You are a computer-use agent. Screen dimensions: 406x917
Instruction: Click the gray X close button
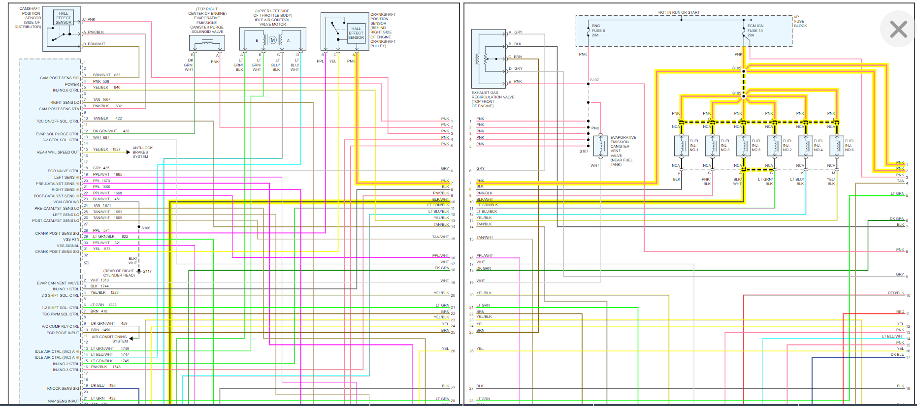pos(898,29)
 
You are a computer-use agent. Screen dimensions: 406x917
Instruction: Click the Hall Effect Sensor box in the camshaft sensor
pos(64,18)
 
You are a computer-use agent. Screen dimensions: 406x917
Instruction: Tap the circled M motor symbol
pos(272,40)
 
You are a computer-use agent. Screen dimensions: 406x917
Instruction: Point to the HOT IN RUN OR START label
pos(679,12)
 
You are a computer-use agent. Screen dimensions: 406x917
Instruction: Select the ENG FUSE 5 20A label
pos(598,31)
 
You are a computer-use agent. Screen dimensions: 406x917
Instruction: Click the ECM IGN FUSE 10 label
pos(755,31)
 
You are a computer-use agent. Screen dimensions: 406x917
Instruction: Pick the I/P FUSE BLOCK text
pos(800,21)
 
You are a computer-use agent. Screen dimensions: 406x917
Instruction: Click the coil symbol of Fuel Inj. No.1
pos(682,146)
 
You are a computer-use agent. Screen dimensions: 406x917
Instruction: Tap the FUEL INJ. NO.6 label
pos(850,145)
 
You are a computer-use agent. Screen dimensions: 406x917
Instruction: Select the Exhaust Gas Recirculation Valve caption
pos(492,99)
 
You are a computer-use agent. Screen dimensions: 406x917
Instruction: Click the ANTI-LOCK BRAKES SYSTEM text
pos(142,152)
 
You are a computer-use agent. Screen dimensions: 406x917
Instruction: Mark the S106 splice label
pos(146,228)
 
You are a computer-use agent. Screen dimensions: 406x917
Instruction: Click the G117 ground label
pos(147,271)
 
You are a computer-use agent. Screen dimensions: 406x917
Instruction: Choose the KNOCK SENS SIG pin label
pos(63,388)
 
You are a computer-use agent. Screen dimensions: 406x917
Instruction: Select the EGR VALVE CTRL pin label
pos(63,171)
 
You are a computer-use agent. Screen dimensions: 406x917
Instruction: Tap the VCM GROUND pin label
pos(66,202)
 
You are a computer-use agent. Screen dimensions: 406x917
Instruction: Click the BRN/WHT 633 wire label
pos(106,75)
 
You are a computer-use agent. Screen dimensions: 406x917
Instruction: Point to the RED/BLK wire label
pos(896,293)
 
